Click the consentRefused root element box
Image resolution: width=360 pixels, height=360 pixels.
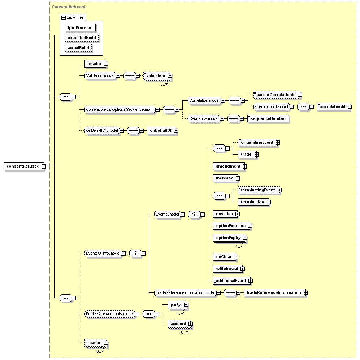tap(24, 166)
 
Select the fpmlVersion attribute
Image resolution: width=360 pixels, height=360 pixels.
tap(80, 27)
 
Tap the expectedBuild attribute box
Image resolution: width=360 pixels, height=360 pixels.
tap(82, 38)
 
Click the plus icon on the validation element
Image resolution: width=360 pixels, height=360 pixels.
tap(170, 75)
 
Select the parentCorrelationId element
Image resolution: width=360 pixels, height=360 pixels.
tap(277, 95)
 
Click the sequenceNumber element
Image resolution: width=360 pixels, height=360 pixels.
tap(268, 118)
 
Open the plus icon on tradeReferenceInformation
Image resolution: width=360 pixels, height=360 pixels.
tap(305, 292)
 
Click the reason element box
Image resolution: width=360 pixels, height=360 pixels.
tap(96, 343)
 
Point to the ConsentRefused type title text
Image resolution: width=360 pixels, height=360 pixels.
tap(68, 7)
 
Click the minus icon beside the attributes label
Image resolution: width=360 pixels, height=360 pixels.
tap(64, 17)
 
